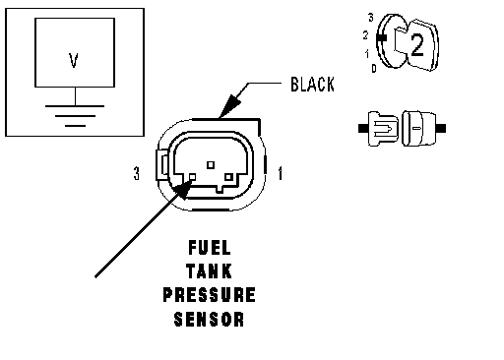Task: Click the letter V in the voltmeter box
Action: (x=74, y=61)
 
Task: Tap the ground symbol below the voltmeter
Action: (x=75, y=116)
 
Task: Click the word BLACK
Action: (x=312, y=85)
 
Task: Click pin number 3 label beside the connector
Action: (x=137, y=173)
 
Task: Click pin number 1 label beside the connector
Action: (x=280, y=173)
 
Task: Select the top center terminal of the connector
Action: (x=211, y=164)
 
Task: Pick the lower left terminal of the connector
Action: (x=193, y=177)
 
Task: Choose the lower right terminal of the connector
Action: (x=228, y=177)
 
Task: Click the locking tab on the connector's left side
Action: (x=162, y=165)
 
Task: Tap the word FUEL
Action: (x=210, y=248)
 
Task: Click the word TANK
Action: (x=209, y=271)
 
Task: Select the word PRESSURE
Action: (x=209, y=295)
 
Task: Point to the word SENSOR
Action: (x=209, y=319)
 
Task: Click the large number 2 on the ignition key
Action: (x=417, y=45)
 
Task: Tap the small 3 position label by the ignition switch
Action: (x=371, y=18)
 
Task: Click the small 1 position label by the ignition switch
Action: (x=367, y=53)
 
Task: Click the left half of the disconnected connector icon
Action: (x=380, y=128)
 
